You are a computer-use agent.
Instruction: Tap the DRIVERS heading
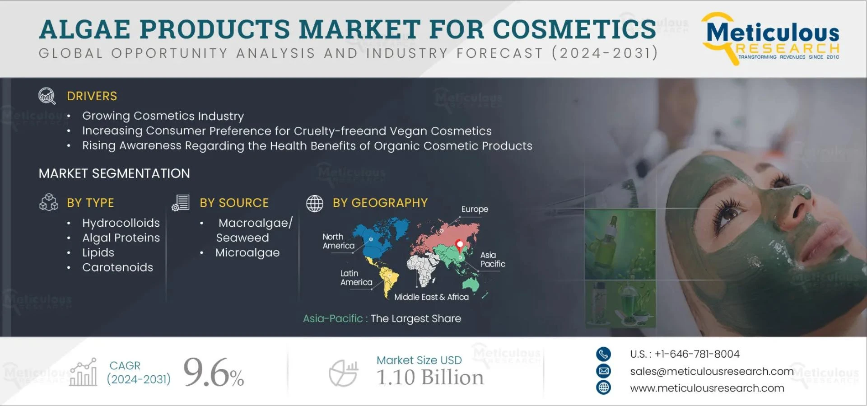[92, 96]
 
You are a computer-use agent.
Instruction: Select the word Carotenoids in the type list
[117, 267]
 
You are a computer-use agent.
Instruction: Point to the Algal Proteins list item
[121, 238]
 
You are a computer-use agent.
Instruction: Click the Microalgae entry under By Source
[247, 253]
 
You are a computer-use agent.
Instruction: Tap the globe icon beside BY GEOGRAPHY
[315, 204]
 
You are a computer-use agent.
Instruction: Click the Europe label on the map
[475, 209]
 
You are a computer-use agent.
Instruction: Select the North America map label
[338, 241]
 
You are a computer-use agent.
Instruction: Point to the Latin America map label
[356, 278]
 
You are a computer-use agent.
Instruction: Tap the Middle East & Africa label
[431, 297]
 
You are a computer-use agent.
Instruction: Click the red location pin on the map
[460, 245]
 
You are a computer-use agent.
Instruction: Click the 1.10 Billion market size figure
[430, 378]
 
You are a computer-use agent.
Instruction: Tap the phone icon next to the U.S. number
[603, 354]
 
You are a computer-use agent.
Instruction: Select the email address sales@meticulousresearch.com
[712, 371]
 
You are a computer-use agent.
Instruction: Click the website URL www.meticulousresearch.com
[707, 388]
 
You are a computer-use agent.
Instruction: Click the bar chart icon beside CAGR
[84, 373]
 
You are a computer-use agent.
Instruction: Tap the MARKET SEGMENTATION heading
[114, 173]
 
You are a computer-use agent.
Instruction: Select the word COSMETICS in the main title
[574, 29]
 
